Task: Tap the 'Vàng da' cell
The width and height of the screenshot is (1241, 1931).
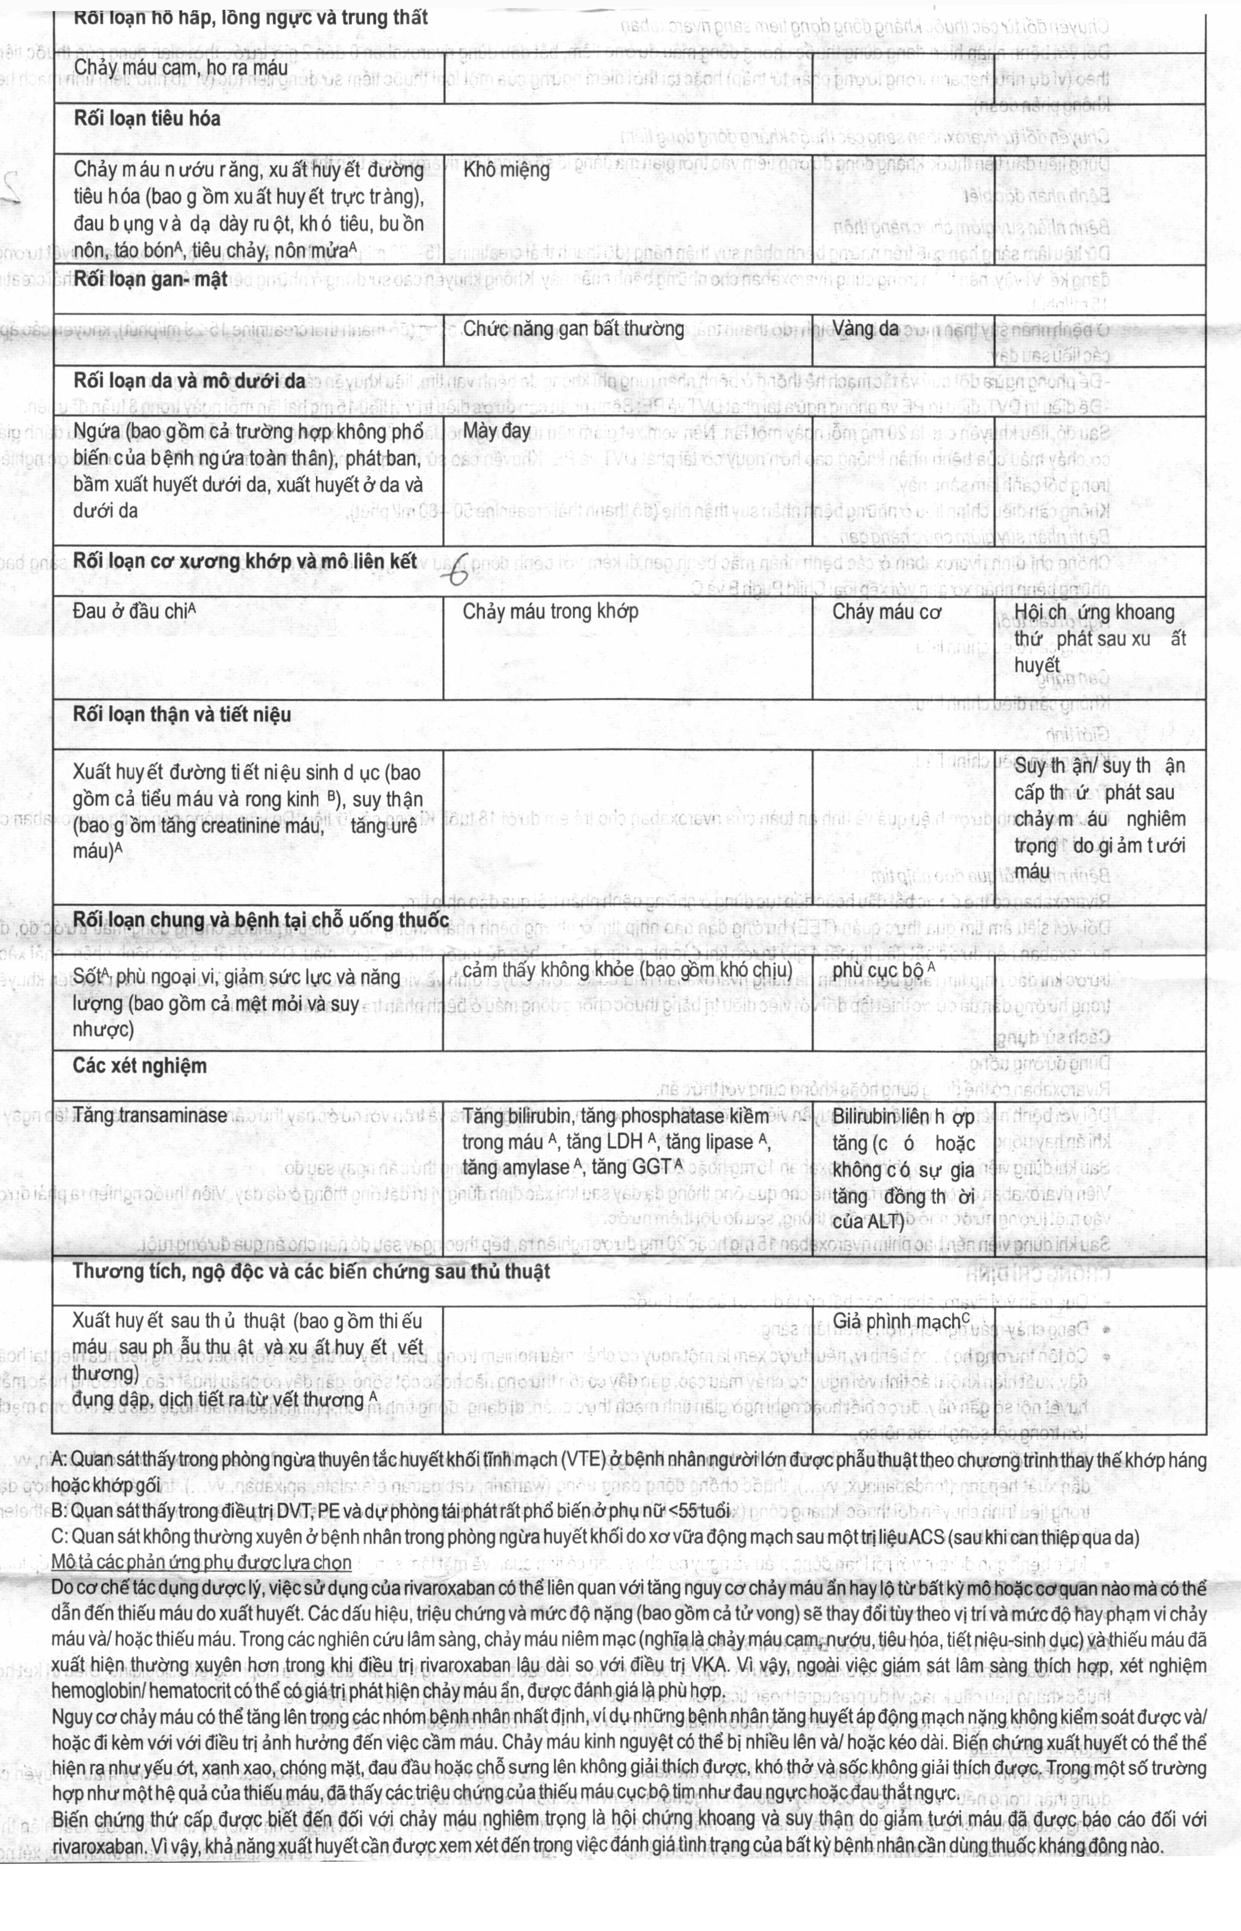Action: (x=865, y=329)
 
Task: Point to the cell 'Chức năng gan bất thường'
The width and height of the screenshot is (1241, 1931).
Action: (x=573, y=329)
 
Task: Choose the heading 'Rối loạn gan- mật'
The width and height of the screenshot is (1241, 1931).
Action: (x=151, y=279)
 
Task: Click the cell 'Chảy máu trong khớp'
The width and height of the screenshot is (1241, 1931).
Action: (x=551, y=612)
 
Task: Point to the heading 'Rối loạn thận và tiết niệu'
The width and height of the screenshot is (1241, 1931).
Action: (x=182, y=715)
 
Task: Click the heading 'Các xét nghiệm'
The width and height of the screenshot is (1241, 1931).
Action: (x=139, y=1066)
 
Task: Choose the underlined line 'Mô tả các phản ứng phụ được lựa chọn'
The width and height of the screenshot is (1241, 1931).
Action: (x=201, y=1562)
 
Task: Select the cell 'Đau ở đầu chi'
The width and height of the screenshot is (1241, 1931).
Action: (x=135, y=612)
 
